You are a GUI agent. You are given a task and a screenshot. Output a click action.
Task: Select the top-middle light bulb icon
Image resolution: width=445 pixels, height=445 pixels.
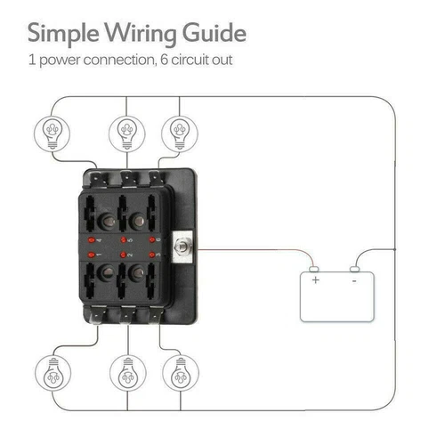tap(126, 133)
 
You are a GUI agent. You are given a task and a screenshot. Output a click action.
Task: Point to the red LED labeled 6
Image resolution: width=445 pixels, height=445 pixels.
tap(154, 240)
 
